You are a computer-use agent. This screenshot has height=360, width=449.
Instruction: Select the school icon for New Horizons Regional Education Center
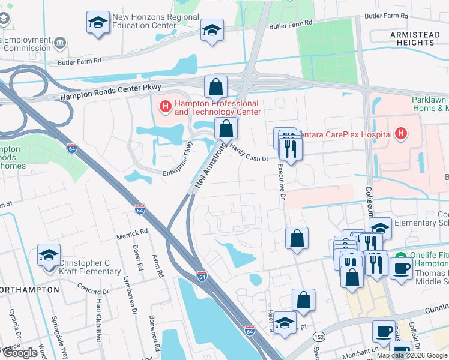point(98,23)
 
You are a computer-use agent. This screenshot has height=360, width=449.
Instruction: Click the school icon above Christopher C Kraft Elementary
point(49,256)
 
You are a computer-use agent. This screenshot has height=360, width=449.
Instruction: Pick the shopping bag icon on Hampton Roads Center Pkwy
point(215,88)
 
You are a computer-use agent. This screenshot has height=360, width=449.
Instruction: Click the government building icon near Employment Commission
point(60,43)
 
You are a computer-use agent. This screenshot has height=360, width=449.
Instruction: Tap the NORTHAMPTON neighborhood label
point(30,289)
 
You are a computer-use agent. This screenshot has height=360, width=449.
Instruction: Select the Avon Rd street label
point(159,265)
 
